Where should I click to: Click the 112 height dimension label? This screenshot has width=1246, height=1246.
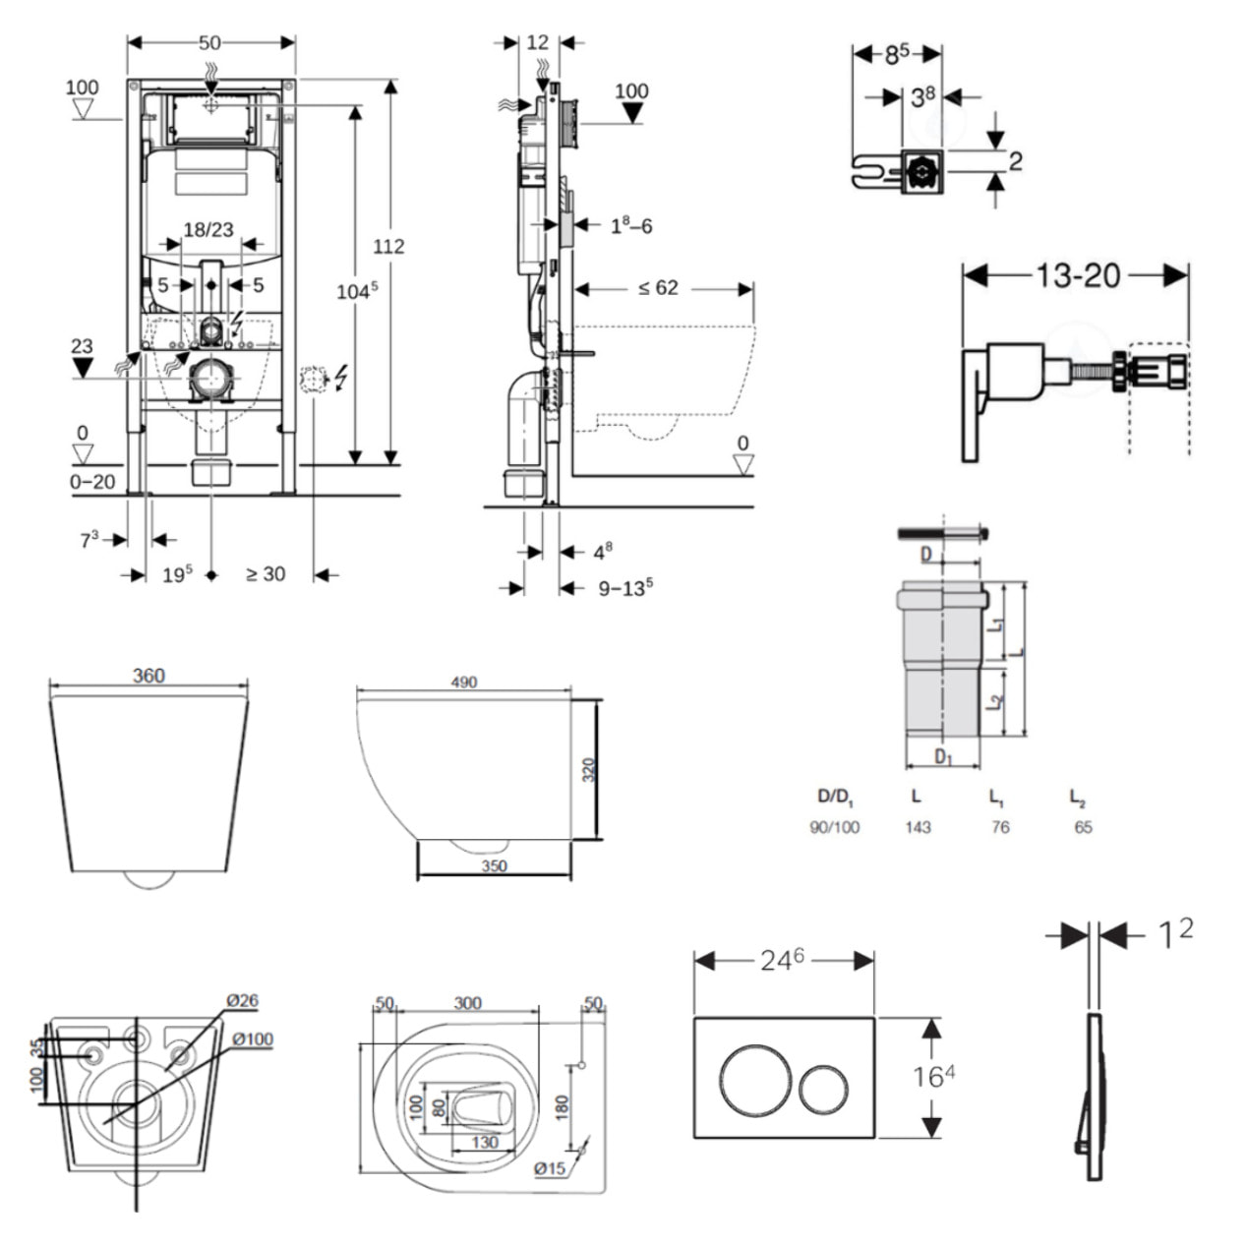point(388,246)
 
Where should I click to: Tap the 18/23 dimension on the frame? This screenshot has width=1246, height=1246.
point(208,229)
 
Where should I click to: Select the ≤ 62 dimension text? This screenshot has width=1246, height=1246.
point(658,288)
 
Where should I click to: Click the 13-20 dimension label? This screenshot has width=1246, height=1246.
point(1078,275)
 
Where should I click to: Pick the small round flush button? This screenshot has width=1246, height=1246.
point(824,1088)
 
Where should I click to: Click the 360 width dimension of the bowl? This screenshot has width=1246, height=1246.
point(148,676)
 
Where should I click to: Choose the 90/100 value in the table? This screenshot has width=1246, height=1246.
point(834,827)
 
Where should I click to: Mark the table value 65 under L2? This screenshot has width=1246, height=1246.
point(1083,827)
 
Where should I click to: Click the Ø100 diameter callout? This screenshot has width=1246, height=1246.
point(253,1039)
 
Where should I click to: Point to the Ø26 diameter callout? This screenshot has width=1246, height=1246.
point(241,1001)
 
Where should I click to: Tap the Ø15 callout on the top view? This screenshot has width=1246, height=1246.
point(550,1168)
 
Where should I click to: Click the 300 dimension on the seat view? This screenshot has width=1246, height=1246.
point(467,1003)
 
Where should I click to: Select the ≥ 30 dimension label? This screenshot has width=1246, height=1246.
point(266,573)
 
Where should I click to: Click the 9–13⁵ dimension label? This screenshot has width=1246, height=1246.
point(625,588)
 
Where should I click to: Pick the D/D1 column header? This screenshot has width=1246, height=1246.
point(836,796)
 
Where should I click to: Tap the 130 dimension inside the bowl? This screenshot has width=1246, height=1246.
point(485,1142)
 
